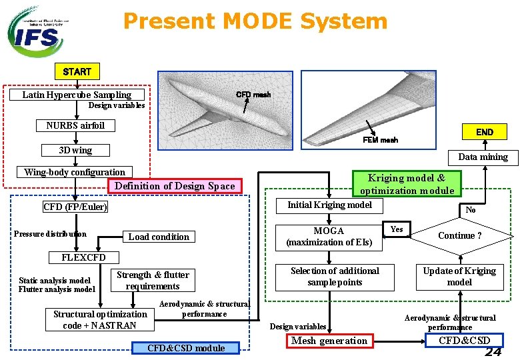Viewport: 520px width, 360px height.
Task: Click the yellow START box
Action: pyautogui.click(x=77, y=71)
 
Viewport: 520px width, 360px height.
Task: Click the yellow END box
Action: pyautogui.click(x=484, y=131)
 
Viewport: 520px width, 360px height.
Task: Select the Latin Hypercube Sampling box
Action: pyautogui.click(x=77, y=95)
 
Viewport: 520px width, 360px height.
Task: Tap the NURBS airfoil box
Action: pyautogui.click(x=75, y=125)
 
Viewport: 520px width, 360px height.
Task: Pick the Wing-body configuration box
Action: pyautogui.click(x=75, y=172)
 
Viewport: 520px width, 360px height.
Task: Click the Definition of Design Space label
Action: pyautogui.click(x=175, y=186)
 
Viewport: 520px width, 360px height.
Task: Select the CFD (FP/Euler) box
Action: pyautogui.click(x=75, y=207)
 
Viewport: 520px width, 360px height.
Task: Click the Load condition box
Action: pyautogui.click(x=159, y=237)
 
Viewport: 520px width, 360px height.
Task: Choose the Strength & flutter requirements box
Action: pyautogui.click(x=153, y=281)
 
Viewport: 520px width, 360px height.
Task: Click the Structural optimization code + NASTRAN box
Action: pyautogui.click(x=100, y=319)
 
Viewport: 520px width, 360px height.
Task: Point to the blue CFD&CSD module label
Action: pyautogui.click(x=186, y=348)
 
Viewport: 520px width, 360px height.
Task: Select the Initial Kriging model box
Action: pyautogui.click(x=329, y=205)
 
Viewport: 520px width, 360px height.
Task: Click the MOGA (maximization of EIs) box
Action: pyautogui.click(x=329, y=237)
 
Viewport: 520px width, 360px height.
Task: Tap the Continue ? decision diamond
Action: pyautogui.click(x=460, y=235)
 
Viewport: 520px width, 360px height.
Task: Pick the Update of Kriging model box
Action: pyautogui.click(x=459, y=277)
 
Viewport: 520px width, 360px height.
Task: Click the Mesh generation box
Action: pyautogui.click(x=329, y=341)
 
